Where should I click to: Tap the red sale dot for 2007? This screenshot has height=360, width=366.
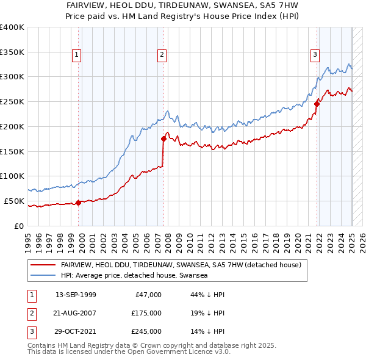pyautogui.click(x=164, y=139)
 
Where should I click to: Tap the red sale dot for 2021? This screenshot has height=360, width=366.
pyautogui.click(x=317, y=104)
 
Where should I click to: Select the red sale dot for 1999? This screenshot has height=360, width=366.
pyautogui.click(x=79, y=203)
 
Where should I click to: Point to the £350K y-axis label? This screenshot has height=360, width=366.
pyautogui.click(x=12, y=52)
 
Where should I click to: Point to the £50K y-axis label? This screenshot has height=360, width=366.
pyautogui.click(x=14, y=201)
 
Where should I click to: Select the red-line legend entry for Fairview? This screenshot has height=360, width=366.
pyautogui.click(x=181, y=265)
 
